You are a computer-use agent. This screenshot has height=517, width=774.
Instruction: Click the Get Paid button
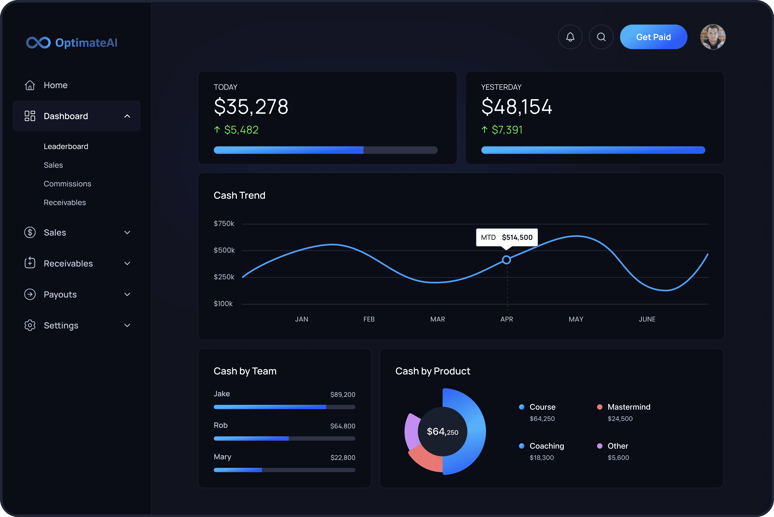pos(653,37)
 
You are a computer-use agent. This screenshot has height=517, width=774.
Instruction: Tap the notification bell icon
pos(570,37)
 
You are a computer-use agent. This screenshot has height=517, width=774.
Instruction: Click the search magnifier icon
pos(601,37)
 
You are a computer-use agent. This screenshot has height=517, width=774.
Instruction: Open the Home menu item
pos(55,85)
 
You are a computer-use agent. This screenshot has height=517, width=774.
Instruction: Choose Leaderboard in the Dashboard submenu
pos(66,146)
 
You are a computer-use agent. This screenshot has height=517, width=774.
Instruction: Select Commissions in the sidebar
pos(67,184)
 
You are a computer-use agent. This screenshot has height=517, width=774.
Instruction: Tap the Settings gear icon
pos(30,325)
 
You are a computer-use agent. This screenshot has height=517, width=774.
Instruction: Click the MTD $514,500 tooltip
pos(507,237)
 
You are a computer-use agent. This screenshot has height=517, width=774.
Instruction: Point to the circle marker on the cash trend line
pos(507,260)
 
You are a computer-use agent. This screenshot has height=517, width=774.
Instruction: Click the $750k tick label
pos(224,224)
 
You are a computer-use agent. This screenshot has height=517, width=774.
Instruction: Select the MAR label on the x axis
pos(438,319)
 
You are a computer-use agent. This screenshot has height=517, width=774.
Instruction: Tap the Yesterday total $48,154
pos(516,107)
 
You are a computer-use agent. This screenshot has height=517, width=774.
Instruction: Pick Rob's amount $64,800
pos(343,426)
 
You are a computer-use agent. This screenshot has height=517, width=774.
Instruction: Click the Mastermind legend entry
pos(629,407)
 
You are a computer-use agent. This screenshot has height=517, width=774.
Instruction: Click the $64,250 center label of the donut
pos(442,432)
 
